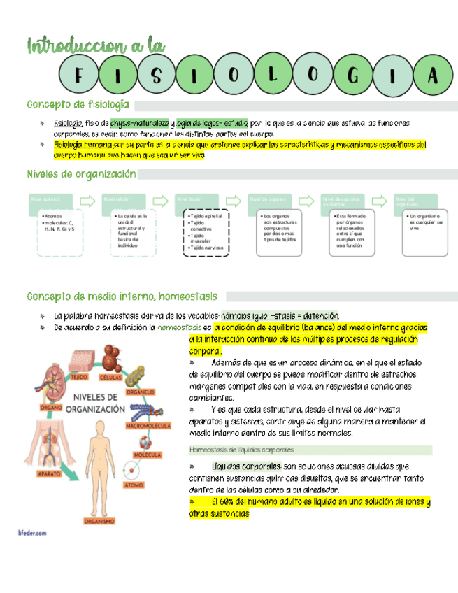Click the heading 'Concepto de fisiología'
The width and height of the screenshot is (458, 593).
click(x=78, y=105)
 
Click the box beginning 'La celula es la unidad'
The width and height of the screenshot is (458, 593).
click(x=131, y=230)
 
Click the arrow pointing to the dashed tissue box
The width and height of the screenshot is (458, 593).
click(x=160, y=200)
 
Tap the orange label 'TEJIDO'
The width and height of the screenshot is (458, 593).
click(x=78, y=376)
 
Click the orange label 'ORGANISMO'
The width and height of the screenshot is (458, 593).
click(x=99, y=521)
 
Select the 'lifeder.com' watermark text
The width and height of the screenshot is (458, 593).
click(x=32, y=532)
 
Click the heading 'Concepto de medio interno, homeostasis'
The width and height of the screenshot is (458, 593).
click(x=121, y=296)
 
